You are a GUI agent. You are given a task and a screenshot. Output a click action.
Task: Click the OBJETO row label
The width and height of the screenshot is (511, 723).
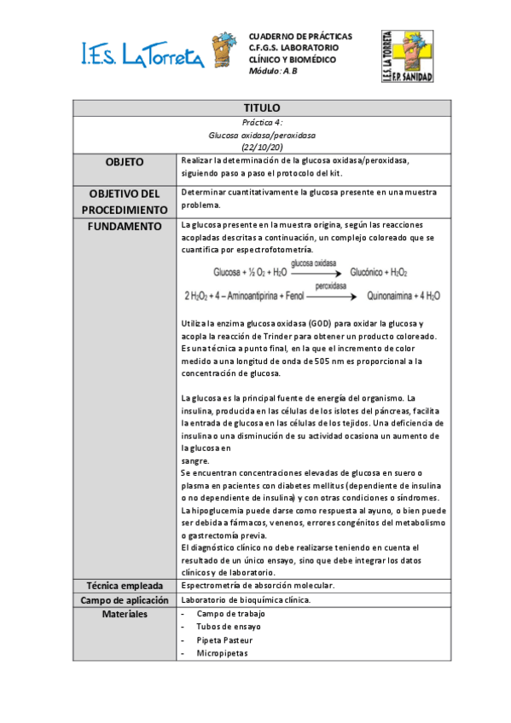[x=125, y=162]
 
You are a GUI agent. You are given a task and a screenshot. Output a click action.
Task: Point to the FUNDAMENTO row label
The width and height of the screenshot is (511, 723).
[x=125, y=226]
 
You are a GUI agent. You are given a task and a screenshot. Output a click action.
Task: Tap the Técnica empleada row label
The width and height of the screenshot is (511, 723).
[x=125, y=586]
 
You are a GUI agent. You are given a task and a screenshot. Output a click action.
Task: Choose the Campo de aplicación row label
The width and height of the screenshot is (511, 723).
[x=125, y=599]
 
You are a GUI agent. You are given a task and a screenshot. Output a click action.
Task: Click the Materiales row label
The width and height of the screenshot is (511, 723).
[x=125, y=614]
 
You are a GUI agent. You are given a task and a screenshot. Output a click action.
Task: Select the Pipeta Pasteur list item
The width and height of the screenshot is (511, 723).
[x=224, y=639]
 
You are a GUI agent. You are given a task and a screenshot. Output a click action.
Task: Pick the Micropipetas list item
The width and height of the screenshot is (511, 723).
[x=224, y=653]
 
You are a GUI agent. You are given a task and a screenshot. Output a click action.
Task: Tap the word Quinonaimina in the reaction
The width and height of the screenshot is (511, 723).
[x=393, y=298]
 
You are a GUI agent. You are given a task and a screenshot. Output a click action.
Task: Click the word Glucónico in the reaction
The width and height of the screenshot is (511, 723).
[x=373, y=272]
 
